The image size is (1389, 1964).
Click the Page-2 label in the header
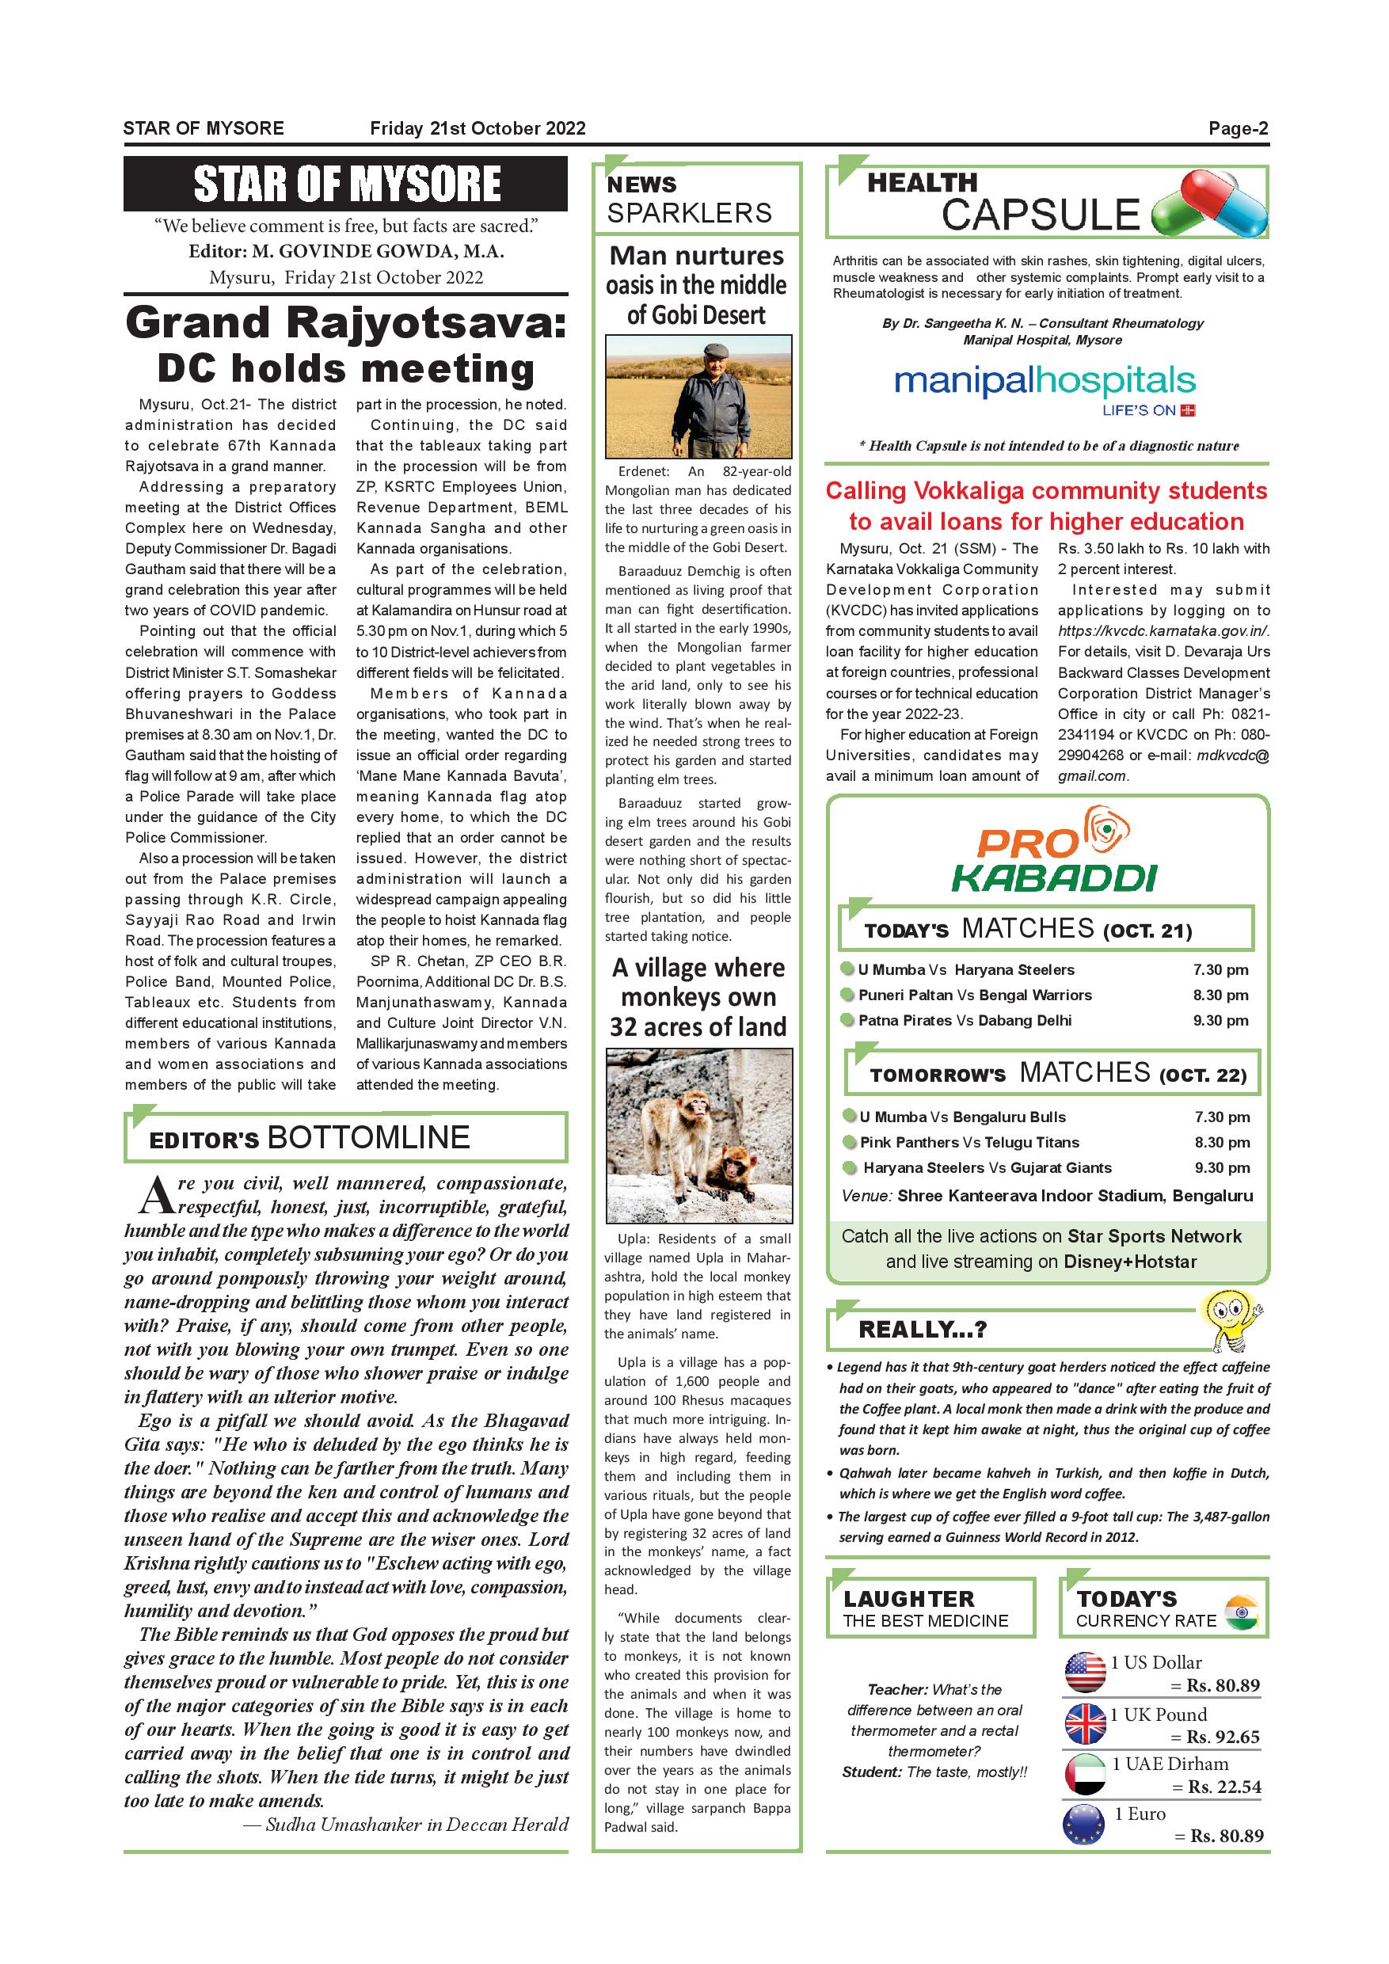(1238, 129)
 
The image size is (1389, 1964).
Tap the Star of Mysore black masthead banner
(345, 184)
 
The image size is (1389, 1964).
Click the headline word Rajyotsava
(424, 324)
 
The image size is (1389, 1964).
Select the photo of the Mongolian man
(698, 397)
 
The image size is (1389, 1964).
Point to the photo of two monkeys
(698, 1135)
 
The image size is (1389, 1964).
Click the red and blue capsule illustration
(1210, 204)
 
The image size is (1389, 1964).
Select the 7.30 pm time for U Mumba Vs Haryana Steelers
(1220, 969)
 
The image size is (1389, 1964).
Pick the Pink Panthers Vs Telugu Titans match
(969, 1142)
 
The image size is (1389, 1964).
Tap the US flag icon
(1086, 1673)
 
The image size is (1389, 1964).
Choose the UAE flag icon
(1086, 1775)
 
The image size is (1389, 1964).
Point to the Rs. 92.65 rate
(1222, 1738)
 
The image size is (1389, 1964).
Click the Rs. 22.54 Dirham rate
(1223, 1787)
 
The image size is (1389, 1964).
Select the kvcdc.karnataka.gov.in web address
(1163, 631)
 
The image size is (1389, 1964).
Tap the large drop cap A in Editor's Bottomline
(157, 1196)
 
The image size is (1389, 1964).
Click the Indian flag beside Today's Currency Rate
(1240, 1612)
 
